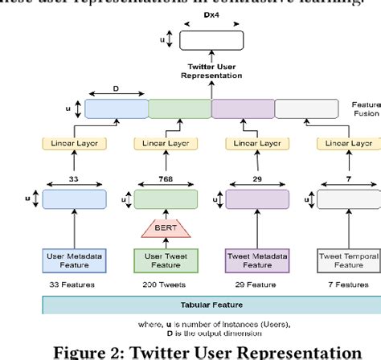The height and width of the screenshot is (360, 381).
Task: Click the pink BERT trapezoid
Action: click(165, 228)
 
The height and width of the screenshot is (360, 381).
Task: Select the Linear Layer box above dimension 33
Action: click(73, 143)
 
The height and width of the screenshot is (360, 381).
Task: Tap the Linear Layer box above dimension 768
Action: click(165, 143)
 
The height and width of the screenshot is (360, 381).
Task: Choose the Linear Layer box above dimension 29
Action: click(256, 143)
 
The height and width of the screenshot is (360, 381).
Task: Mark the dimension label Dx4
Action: click(211, 16)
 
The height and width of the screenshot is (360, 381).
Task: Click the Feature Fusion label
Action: click(366, 108)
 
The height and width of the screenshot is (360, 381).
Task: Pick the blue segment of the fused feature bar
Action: click(117, 108)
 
